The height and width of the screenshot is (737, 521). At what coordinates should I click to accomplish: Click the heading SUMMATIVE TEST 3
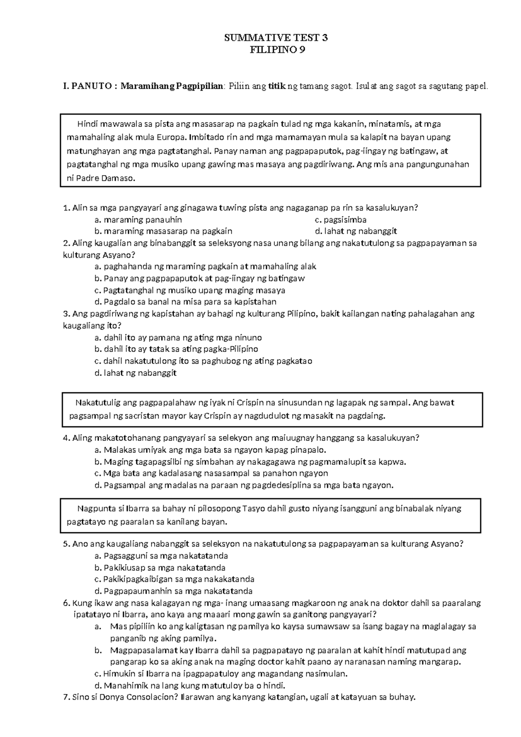click(x=276, y=38)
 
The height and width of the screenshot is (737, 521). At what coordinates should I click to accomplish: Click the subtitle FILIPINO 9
click(x=278, y=50)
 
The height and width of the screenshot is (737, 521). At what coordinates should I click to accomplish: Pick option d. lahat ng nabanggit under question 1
click(x=356, y=231)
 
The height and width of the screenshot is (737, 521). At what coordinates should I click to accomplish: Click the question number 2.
click(x=66, y=243)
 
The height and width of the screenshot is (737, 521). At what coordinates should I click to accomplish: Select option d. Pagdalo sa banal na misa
click(x=185, y=302)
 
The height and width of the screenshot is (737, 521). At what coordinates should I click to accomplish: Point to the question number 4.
click(x=66, y=438)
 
